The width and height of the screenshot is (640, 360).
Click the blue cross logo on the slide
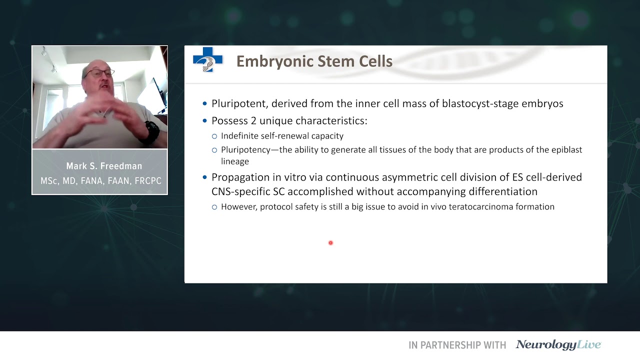click(x=207, y=59)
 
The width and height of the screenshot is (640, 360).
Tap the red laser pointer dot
click(x=330, y=243)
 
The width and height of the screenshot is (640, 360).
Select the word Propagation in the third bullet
click(x=241, y=177)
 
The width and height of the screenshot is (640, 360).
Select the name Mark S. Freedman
click(x=104, y=166)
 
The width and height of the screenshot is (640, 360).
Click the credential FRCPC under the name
click(x=147, y=180)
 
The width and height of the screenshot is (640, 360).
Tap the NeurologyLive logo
click(x=558, y=345)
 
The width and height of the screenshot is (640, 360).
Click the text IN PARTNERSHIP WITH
click(x=457, y=345)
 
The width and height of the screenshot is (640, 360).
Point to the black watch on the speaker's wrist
click(x=151, y=131)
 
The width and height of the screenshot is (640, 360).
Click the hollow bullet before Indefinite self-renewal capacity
click(x=214, y=136)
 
